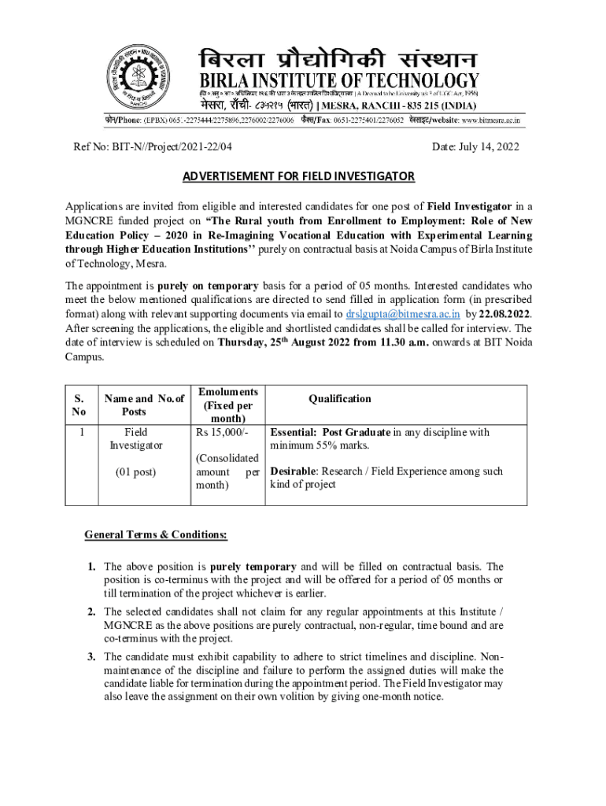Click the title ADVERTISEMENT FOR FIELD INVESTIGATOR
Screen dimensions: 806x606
298,176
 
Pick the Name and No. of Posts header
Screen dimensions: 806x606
133,405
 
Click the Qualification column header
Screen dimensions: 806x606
340,398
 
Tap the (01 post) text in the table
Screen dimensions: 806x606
135,471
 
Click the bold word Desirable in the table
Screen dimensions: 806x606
294,471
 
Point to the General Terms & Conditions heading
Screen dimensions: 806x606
156,535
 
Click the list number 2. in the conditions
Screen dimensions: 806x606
92,612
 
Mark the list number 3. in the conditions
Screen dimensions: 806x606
92,656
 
